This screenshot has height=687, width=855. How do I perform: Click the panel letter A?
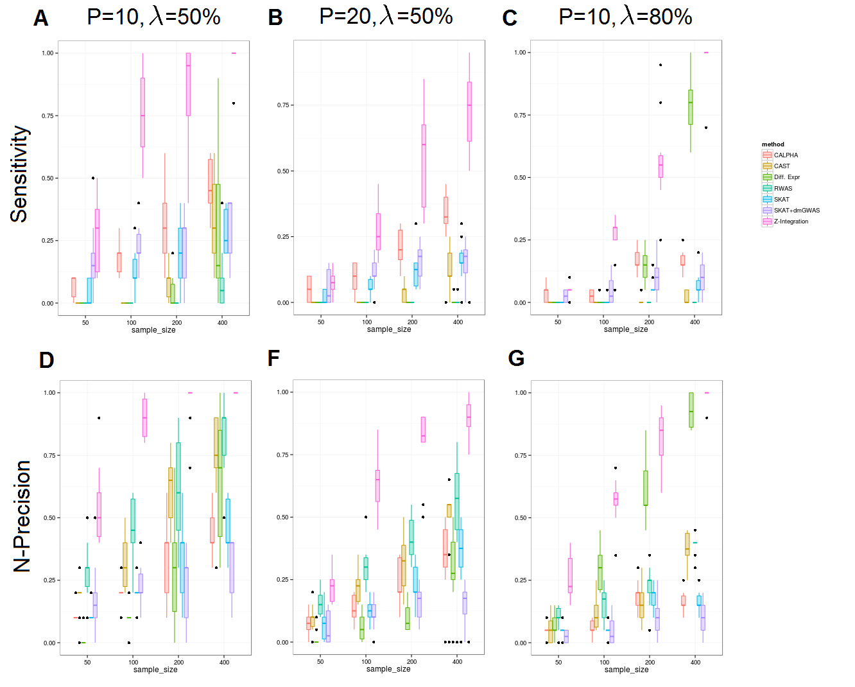(40, 19)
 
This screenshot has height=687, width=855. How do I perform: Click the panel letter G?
(516, 358)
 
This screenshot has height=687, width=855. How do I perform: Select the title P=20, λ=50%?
(386, 16)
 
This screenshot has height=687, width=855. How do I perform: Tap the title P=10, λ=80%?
(625, 17)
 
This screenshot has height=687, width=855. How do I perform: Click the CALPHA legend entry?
(786, 155)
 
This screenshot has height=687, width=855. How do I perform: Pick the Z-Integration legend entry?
(791, 222)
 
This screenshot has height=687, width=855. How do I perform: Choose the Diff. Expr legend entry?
(786, 177)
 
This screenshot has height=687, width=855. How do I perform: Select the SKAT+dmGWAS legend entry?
(797, 211)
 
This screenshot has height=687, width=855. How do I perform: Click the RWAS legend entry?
(783, 189)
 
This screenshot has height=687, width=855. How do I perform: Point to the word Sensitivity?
(20, 174)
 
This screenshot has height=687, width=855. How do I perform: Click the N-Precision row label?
(22, 516)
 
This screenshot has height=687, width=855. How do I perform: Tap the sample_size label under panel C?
(626, 329)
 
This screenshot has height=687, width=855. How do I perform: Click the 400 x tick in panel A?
(222, 322)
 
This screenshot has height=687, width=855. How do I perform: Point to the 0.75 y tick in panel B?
(283, 105)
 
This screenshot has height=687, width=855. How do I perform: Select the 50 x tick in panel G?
(558, 662)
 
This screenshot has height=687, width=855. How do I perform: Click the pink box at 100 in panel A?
(142, 113)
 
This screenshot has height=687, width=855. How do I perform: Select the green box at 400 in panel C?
(691, 107)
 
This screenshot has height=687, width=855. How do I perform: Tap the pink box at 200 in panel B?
(424, 166)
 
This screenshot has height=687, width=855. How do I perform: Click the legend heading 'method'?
(773, 144)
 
